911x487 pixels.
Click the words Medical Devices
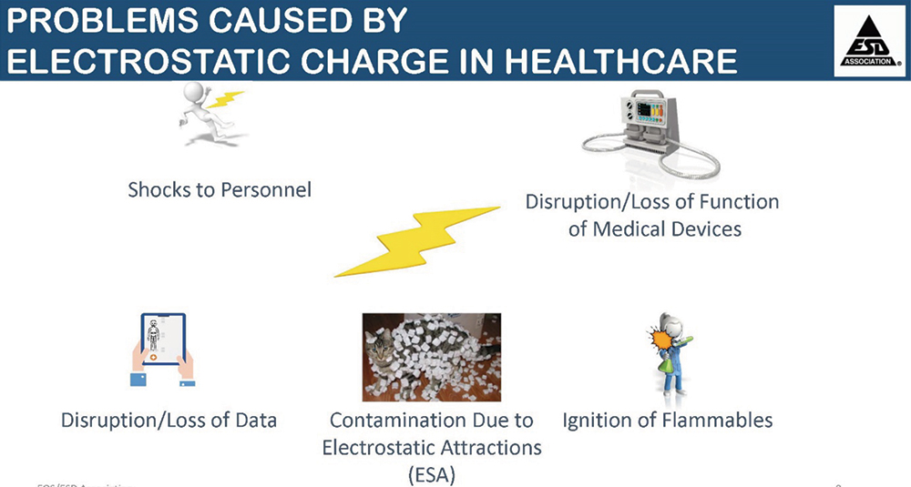(x=655, y=228)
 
